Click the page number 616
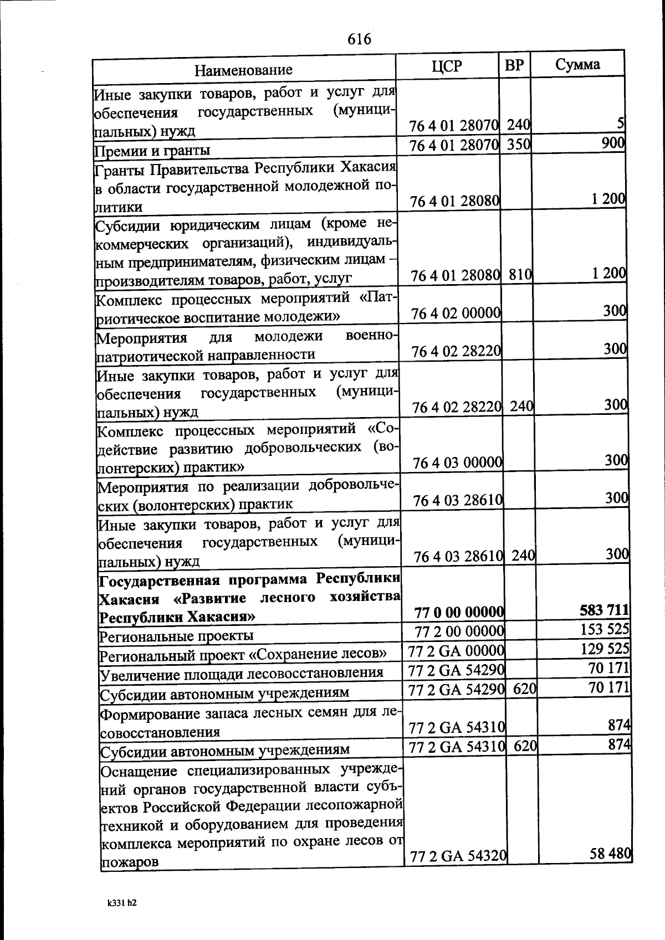[x=359, y=39]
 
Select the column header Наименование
[x=243, y=70]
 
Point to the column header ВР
[x=514, y=65]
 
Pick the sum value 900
[x=613, y=143]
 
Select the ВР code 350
[x=519, y=145]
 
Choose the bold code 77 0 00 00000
[x=459, y=612]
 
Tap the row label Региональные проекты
[x=176, y=635]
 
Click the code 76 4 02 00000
[x=457, y=314]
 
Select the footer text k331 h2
[x=122, y=902]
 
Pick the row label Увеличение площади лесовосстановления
[x=241, y=674]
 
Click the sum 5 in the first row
[x=621, y=125]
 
